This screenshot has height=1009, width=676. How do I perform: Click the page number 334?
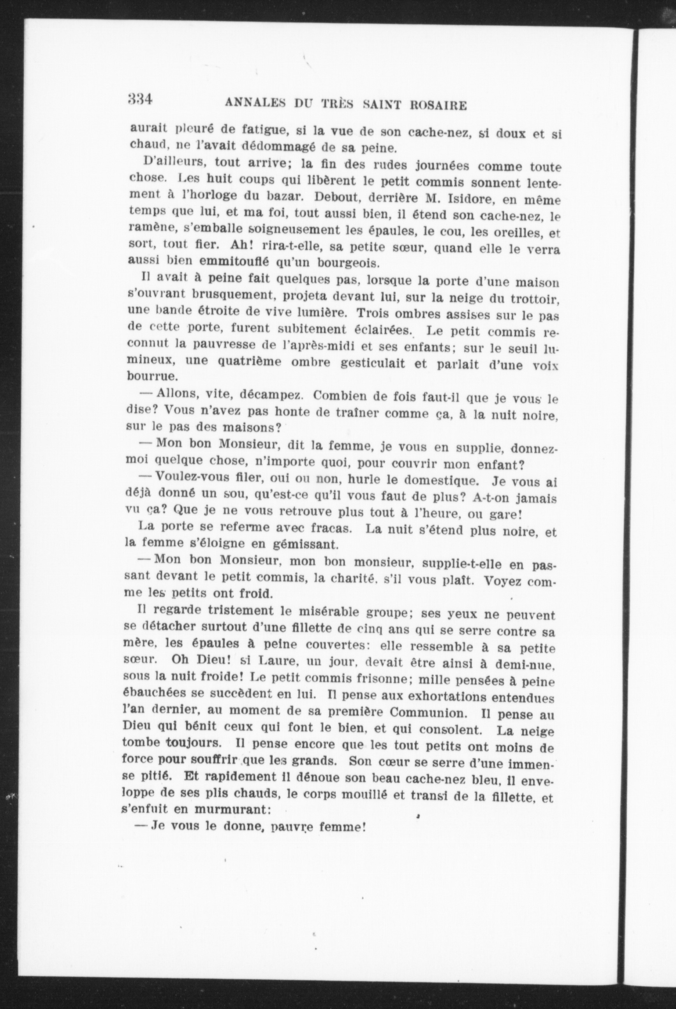tap(141, 99)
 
